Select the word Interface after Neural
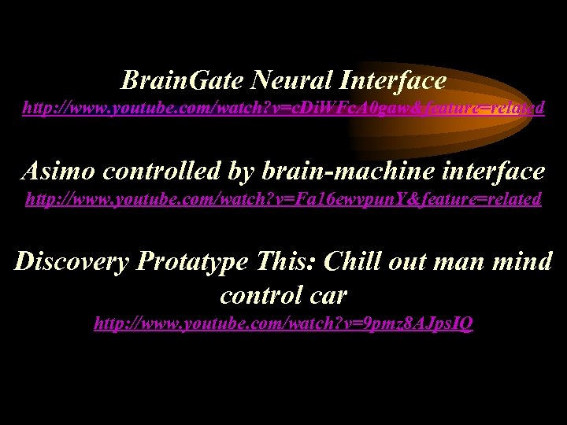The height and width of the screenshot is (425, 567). pos(393,79)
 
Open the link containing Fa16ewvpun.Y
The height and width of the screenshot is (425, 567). pos(283,198)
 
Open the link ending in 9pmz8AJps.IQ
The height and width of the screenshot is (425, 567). pos(283,323)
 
